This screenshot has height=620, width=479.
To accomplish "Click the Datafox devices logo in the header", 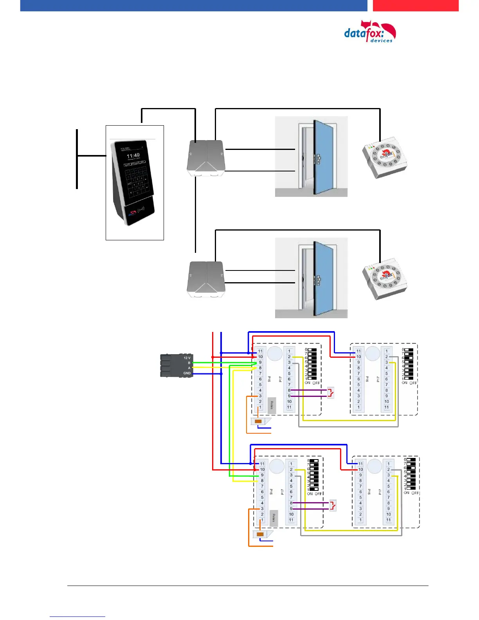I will (369, 32).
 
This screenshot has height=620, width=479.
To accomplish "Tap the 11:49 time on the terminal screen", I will (133, 155).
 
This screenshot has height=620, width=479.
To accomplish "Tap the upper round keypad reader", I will (384, 158).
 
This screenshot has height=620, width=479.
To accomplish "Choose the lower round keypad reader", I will (384, 279).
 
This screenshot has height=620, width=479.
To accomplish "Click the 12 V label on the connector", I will (187, 358).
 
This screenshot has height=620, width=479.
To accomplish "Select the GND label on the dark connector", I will (187, 373).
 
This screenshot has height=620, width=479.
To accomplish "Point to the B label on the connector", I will (189, 363).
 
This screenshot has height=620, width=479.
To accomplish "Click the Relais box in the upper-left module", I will (272, 406).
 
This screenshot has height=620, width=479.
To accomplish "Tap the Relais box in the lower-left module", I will (274, 518).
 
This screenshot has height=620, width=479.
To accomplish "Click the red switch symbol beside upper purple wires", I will (331, 393).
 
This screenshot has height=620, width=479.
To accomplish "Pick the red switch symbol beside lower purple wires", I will (333, 505).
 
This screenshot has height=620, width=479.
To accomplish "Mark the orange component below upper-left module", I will (258, 422).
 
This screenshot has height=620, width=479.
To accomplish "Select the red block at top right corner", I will (415, 5).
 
